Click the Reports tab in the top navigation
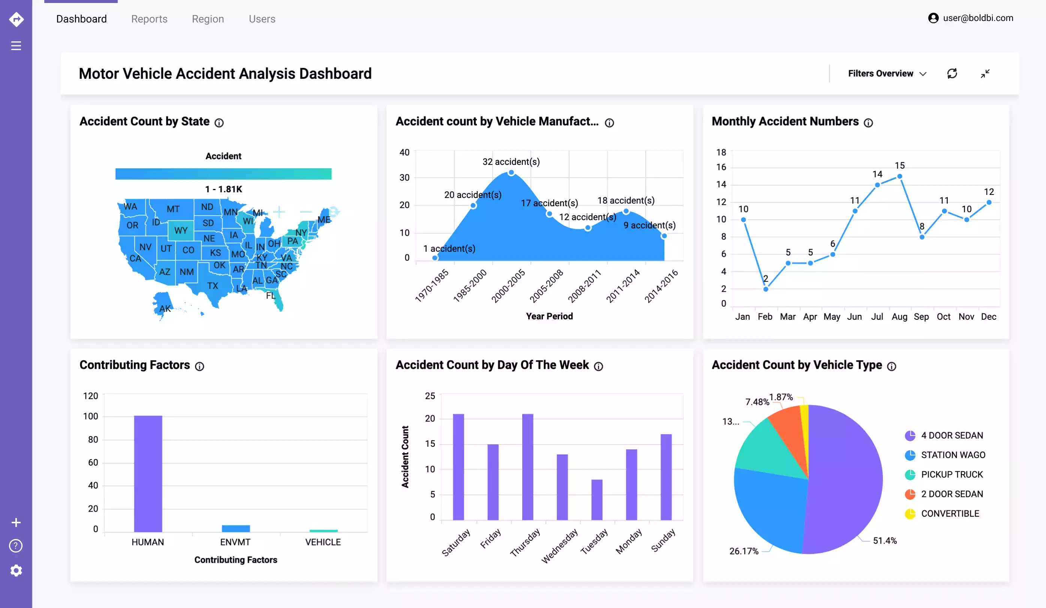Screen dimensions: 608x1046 149,19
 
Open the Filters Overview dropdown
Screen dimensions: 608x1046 887,73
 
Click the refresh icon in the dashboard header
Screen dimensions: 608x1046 952,73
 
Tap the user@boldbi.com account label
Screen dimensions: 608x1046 977,18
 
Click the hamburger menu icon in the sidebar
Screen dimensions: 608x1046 16,46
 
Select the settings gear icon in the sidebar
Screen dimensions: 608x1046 16,570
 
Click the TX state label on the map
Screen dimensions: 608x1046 213,286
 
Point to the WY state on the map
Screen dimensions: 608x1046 181,230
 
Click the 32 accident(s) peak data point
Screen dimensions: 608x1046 511,173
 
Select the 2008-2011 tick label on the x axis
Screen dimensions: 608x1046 584,286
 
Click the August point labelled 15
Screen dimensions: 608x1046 899,177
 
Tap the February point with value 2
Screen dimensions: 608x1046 766,289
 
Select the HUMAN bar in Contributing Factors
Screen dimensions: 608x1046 148,473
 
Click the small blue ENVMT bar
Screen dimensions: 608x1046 236,528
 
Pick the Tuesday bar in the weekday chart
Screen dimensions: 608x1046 596,500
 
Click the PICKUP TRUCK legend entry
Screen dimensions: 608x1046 952,474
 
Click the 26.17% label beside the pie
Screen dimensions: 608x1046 743,551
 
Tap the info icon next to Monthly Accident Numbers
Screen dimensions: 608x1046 868,123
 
